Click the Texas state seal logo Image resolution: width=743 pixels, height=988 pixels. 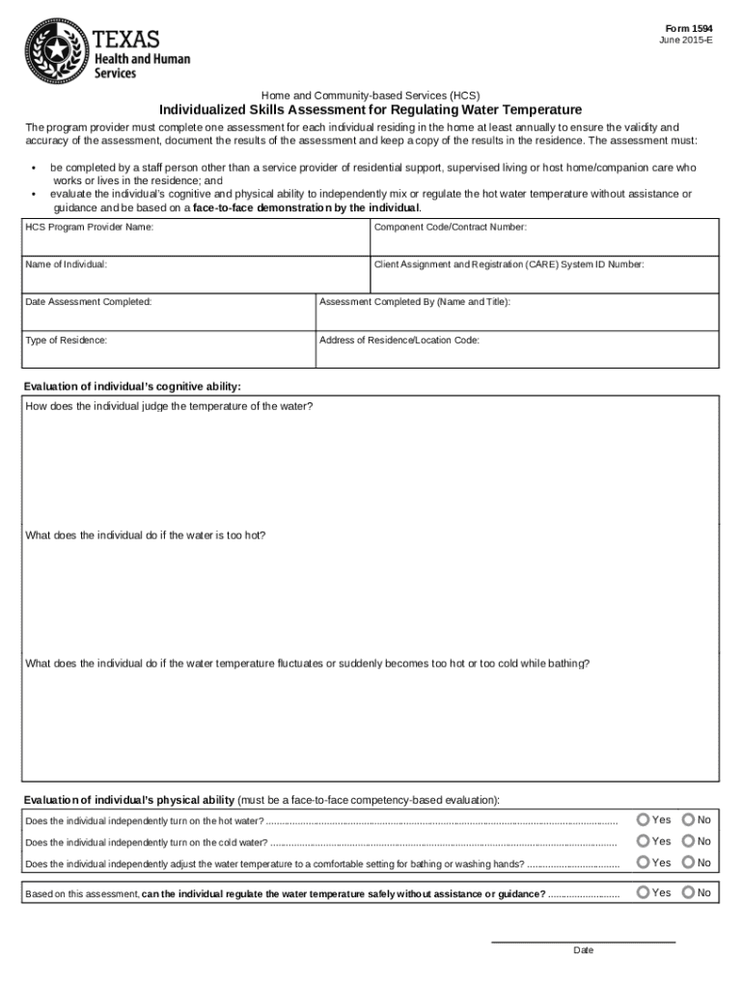(x=56, y=51)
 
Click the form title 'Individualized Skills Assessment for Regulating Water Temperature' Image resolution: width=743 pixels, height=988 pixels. (x=371, y=110)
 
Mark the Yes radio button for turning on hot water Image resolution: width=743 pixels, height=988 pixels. (x=643, y=819)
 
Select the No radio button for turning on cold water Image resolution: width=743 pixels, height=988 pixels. (x=688, y=841)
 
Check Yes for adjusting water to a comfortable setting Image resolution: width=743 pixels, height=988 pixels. (x=643, y=863)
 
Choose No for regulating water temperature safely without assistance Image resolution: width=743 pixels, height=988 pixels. (x=688, y=892)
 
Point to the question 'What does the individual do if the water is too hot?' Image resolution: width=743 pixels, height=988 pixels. (x=146, y=535)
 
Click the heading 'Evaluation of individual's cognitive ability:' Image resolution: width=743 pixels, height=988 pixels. (x=132, y=387)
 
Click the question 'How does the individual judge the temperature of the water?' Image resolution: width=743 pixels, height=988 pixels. (x=169, y=406)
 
